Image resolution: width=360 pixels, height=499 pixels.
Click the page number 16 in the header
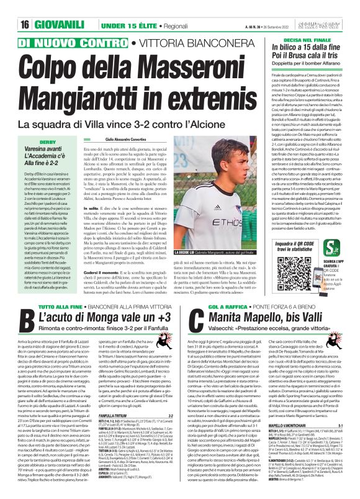point(10,7)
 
